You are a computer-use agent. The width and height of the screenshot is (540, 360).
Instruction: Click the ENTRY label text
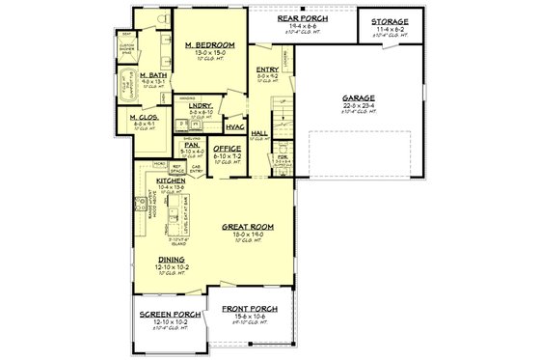coord(267,69)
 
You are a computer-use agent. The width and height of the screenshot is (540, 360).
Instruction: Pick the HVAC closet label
coord(235,126)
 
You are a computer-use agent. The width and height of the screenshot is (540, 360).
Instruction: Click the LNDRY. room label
coord(201,106)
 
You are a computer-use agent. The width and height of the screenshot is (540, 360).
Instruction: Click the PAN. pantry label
coord(191,145)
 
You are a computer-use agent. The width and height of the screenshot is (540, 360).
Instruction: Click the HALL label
coord(258,133)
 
